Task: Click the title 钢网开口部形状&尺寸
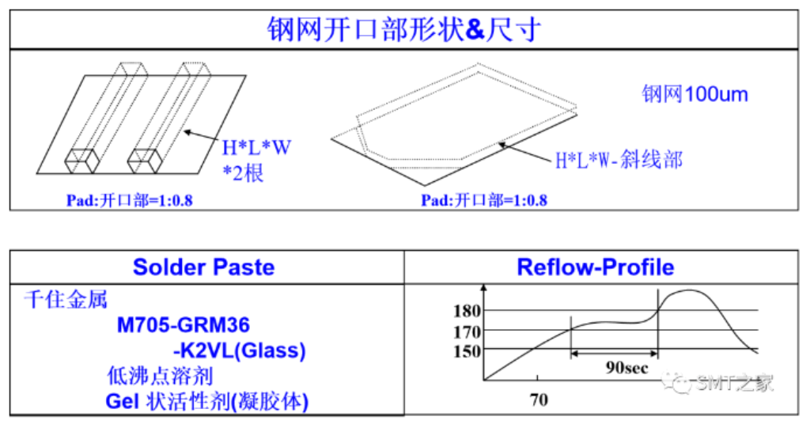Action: (x=403, y=29)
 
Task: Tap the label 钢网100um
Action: (x=695, y=95)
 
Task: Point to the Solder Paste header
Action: (x=203, y=267)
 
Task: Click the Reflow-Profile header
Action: (x=595, y=267)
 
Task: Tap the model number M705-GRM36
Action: (x=184, y=325)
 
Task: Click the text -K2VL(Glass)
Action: (x=238, y=350)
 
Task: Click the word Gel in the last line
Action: (x=123, y=401)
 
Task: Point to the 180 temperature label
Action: (x=467, y=311)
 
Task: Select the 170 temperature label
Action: (x=467, y=331)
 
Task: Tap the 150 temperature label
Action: (x=467, y=350)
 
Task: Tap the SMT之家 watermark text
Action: (x=732, y=384)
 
